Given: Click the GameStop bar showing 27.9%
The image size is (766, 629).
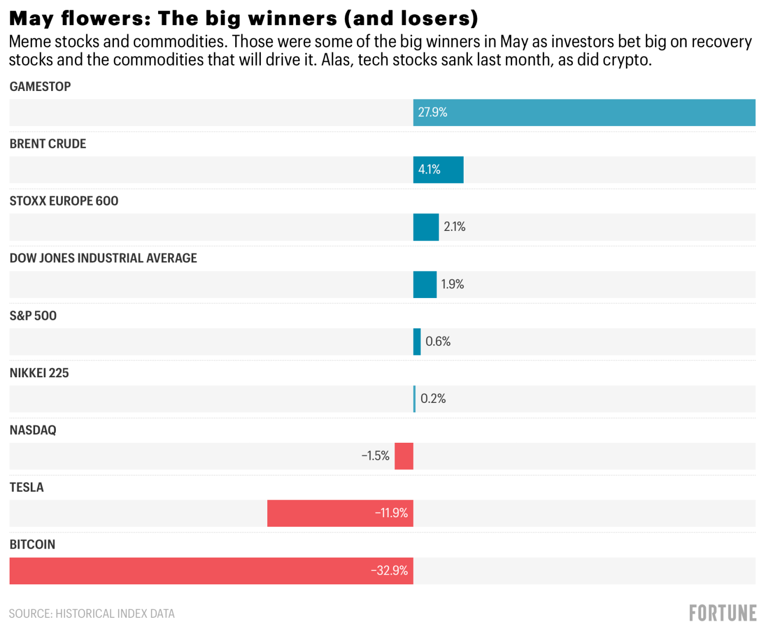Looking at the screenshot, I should tap(584, 112).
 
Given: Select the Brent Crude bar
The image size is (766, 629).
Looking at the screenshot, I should tap(438, 170).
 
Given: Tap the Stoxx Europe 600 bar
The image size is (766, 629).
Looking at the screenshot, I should tap(426, 227).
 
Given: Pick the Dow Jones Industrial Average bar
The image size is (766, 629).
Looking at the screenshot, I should tap(425, 284).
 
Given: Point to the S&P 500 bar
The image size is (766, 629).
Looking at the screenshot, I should tap(417, 342).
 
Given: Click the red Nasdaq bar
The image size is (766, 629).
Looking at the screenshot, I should tap(404, 456).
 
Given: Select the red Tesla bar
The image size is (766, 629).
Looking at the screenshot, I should tap(340, 513).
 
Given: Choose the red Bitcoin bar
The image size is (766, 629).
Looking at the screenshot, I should tap(211, 570).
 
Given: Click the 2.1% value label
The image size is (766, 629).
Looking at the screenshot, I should tap(455, 227).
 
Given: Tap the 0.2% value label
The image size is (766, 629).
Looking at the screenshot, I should tap(433, 399).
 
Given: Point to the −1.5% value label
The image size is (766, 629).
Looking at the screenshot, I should tap(375, 456).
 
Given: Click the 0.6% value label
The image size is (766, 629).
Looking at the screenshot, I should tap(438, 342).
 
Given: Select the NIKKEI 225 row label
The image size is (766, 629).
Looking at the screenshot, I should tap(39, 373).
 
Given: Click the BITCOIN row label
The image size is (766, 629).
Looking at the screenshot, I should tap(32, 544).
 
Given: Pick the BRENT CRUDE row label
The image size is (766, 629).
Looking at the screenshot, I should tap(48, 144).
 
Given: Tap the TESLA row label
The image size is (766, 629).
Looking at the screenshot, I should tap(27, 487).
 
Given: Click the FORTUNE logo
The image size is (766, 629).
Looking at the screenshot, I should tap(722, 613).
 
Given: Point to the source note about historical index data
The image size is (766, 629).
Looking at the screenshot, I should tap(92, 614).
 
